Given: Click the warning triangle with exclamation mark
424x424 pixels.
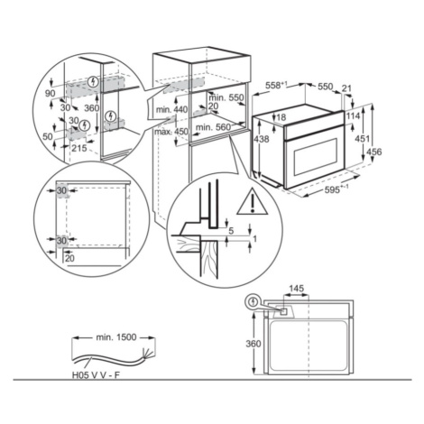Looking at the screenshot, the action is tap(252, 202).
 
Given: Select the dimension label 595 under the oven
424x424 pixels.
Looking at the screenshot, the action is tap(333, 189).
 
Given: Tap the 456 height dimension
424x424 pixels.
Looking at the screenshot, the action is tap(373, 152).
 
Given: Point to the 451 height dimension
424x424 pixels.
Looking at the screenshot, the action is tap(363, 139).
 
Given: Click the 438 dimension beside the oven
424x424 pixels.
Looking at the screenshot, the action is tap(262, 139).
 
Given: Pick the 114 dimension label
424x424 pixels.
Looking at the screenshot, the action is tap(353, 115).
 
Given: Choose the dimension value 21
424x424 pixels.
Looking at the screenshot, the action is tap(346, 88).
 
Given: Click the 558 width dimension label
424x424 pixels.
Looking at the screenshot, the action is tap(274, 86).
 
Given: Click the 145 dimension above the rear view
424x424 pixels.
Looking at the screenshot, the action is tap(296, 289).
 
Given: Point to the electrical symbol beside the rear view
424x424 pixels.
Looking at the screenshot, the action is tap(253, 301).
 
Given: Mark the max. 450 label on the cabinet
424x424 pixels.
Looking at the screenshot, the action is tap(171, 132).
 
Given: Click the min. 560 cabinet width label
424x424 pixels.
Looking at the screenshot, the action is tap(213, 127).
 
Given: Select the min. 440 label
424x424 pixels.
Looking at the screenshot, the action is tap(171, 109).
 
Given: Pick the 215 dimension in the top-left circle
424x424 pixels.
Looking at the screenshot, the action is tap(79, 148).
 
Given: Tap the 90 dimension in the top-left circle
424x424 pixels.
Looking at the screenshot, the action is tap(51, 94).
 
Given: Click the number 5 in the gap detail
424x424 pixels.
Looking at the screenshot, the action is tap(231, 231).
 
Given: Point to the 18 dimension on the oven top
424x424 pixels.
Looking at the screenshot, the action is tap(281, 117).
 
